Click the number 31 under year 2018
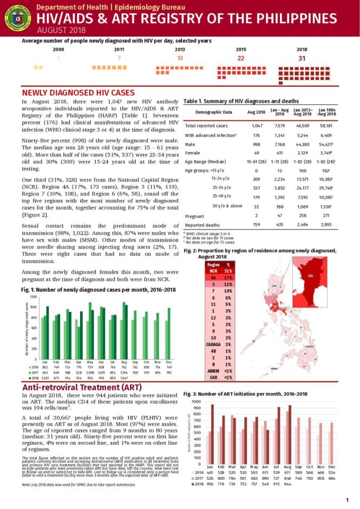click(302, 58)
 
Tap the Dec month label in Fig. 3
click(332, 466)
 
